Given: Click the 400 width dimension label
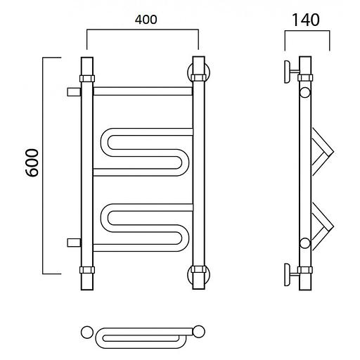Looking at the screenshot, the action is (146, 20).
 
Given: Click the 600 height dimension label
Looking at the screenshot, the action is (32, 162).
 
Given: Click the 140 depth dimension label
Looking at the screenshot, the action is (306, 20).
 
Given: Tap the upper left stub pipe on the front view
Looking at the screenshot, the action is (74, 92).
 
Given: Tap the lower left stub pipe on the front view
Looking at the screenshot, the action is (74, 243).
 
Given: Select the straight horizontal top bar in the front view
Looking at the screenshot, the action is (143, 91).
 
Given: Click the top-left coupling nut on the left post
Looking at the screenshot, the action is (87, 78).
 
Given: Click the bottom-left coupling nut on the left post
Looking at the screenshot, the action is (87, 270).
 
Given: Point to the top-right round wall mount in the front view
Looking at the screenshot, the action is (198, 72).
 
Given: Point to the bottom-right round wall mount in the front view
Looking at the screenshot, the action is (198, 276).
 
